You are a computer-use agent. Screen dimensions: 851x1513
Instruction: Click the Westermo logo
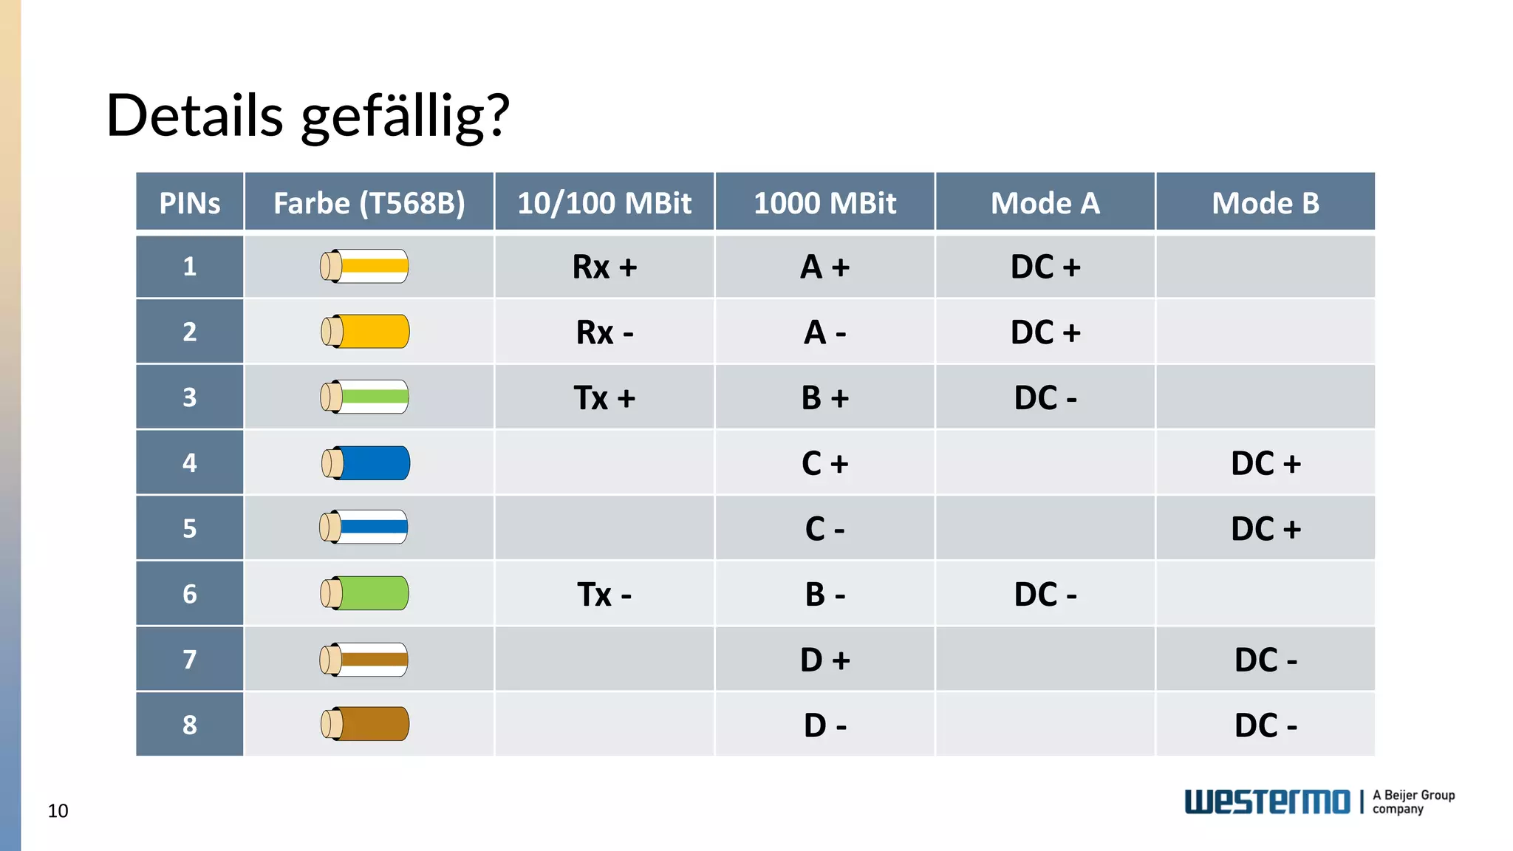(1267, 802)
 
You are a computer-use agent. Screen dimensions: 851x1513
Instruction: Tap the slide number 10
(58, 811)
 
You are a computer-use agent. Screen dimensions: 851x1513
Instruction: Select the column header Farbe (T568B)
(369, 203)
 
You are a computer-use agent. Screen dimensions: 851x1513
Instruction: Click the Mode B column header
(1265, 203)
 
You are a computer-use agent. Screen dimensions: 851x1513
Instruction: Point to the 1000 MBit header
(824, 203)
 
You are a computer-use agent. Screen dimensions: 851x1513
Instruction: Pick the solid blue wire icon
(366, 463)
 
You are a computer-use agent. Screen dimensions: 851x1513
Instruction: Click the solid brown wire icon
(365, 724)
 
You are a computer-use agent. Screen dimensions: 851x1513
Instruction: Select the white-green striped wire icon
(364, 397)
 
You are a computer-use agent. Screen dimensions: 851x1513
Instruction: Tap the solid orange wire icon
(365, 332)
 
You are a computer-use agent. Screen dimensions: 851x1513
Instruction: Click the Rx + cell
(604, 267)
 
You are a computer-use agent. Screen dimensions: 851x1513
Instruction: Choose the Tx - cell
(604, 594)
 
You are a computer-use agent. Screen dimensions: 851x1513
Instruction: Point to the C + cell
(824, 463)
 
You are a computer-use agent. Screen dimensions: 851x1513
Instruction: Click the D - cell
(824, 725)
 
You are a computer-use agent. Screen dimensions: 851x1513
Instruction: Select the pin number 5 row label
(190, 528)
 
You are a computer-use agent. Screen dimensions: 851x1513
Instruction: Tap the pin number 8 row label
(190, 725)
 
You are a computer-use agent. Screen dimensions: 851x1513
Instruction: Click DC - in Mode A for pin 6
(1045, 594)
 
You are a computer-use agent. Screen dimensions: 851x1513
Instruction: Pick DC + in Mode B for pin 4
(1265, 463)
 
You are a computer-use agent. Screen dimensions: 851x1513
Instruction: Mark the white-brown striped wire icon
(363, 659)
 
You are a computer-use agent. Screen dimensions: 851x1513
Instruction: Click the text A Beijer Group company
(1413, 802)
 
